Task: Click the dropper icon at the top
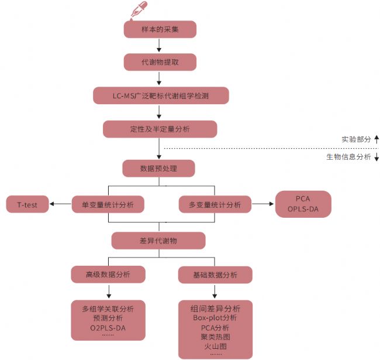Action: pos(139,10)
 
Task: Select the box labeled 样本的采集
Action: pos(160,29)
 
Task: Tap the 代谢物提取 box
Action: pos(160,62)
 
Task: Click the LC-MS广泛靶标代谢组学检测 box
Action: pos(161,95)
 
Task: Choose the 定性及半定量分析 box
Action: pos(160,129)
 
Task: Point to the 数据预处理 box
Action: pos(158,169)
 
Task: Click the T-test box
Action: pos(27,204)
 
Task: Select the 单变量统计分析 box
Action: pos(108,204)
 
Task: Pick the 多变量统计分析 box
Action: pos(215,204)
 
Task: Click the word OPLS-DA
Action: pos(303,209)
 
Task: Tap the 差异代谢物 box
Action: pos(158,241)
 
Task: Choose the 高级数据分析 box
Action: pos(108,275)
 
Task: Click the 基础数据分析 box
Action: pos(215,275)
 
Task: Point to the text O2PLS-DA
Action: pos(108,328)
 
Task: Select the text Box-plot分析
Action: pos(215,318)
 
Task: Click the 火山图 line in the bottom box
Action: pos(215,346)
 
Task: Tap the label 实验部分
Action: pos(356,139)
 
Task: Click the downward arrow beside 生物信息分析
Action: pos(376,157)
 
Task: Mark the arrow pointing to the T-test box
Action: pos(60,204)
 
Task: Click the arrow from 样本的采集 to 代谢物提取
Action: pos(159,45)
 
